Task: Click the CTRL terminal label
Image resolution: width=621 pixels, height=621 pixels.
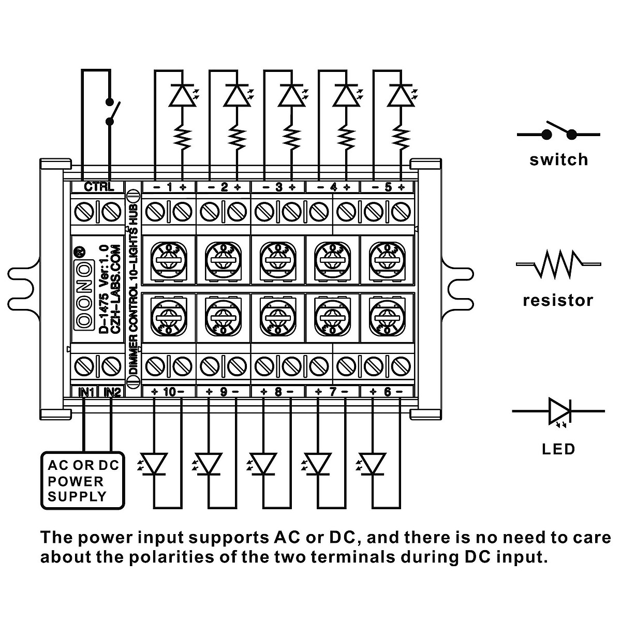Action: point(99,187)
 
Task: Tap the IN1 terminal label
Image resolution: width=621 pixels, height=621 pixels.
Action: point(86,392)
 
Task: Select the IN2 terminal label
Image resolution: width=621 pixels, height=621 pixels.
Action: point(112,392)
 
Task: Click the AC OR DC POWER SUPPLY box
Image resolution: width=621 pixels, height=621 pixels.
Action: point(82,480)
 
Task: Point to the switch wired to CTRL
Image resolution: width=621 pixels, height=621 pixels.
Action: point(112,111)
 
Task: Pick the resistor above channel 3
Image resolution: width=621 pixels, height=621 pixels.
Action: point(292,138)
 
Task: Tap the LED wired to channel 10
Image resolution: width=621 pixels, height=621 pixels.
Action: point(152,464)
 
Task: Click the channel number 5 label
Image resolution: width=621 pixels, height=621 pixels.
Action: point(388,187)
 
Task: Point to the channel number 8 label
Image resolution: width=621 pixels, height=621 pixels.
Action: point(278,392)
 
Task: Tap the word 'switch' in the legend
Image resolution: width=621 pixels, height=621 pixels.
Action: point(558,160)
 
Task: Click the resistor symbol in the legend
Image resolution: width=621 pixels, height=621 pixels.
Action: point(558,264)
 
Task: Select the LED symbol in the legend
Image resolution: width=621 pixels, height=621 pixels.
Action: point(558,412)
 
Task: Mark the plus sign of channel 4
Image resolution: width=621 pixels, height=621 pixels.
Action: point(347,187)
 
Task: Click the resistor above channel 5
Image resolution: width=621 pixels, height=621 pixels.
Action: point(401,138)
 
